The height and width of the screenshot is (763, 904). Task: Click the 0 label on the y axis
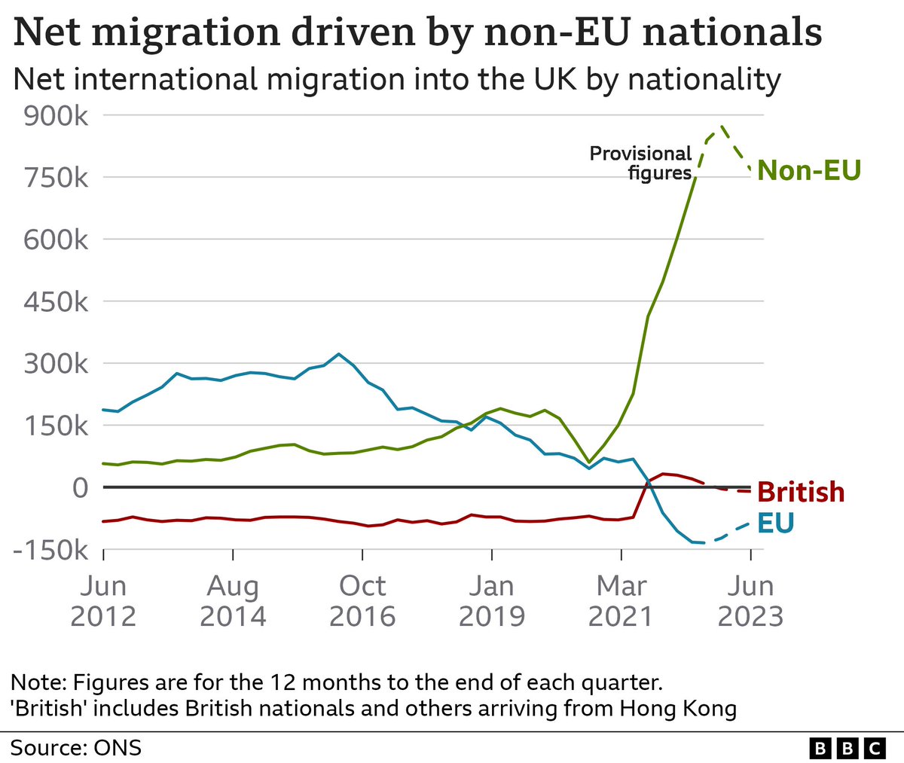(x=81, y=487)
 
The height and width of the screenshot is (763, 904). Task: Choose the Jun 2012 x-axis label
(x=103, y=601)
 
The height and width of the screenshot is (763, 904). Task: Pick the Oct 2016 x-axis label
(x=362, y=601)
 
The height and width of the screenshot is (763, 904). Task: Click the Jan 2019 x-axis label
(x=492, y=601)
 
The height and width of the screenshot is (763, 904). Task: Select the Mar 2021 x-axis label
(x=621, y=601)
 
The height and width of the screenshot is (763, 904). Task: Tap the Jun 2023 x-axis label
(x=750, y=601)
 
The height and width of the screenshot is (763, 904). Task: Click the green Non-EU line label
(x=808, y=171)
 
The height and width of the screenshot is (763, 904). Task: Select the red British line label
(x=801, y=492)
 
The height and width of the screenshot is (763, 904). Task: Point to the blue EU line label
(x=775, y=523)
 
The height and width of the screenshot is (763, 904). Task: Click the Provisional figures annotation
(x=640, y=163)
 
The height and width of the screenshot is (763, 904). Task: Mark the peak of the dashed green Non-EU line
(x=722, y=127)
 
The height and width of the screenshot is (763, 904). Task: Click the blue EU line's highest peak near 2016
(x=339, y=353)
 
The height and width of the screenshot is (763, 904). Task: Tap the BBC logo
(x=847, y=748)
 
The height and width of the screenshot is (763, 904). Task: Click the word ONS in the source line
(x=118, y=748)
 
